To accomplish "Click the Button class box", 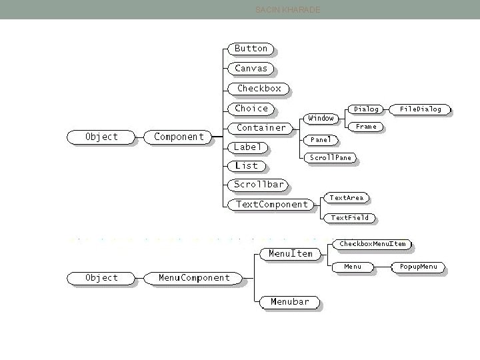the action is tap(251, 49).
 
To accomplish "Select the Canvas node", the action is tap(251, 69).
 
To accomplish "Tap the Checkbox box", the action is tap(259, 88).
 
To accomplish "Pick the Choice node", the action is tap(251, 108).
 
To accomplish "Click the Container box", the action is tap(261, 128).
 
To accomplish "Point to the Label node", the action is tap(248, 147).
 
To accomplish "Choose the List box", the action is tap(246, 166).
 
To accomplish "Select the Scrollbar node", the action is tap(259, 185).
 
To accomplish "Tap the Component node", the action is tap(179, 137).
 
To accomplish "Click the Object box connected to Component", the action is tap(101, 137).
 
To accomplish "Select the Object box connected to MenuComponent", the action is tap(101, 278).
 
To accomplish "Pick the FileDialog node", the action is tap(421, 109).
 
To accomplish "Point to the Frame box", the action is tap(366, 126).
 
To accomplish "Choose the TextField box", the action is tap(350, 217).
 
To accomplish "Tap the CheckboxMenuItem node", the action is tap(372, 244).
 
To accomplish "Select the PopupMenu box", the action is tap(419, 267).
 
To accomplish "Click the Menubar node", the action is tap(290, 302).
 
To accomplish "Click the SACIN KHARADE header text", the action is tap(288, 10).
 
